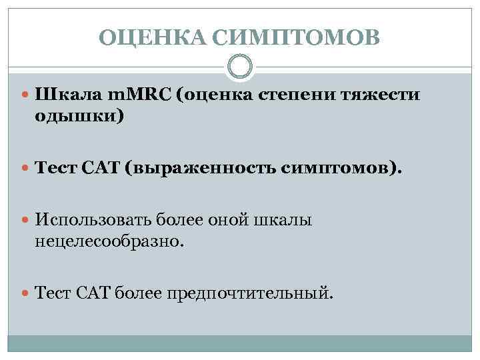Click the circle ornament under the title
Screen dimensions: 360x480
(240, 67)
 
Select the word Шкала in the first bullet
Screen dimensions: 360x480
(63, 95)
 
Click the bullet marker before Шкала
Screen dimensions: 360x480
(26, 96)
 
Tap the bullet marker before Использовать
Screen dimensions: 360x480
(26, 220)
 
